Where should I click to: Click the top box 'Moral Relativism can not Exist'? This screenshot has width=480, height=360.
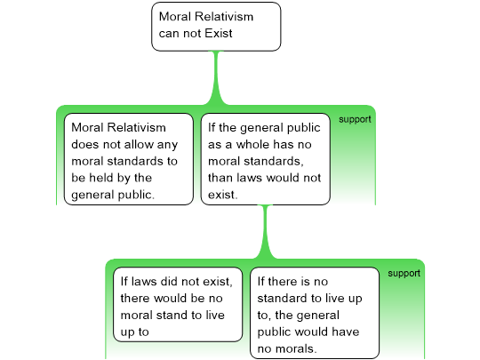click(216, 27)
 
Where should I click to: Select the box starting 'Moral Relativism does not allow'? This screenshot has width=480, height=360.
click(129, 159)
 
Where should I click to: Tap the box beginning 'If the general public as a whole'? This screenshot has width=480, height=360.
click(266, 159)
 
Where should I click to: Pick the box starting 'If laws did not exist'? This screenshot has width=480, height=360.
click(178, 305)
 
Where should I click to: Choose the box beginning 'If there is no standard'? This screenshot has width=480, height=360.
click(315, 313)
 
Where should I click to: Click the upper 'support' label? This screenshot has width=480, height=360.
click(355, 119)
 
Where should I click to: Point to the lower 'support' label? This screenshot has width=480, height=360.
click(404, 274)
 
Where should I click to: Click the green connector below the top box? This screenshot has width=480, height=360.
click(216, 78)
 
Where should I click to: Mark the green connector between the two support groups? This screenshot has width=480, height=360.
click(265, 232)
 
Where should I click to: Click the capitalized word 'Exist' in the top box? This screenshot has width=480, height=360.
click(219, 33)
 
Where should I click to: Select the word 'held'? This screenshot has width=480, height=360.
click(100, 178)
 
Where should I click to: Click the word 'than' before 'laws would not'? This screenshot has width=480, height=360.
click(219, 178)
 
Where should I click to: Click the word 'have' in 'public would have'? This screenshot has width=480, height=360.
click(347, 332)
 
